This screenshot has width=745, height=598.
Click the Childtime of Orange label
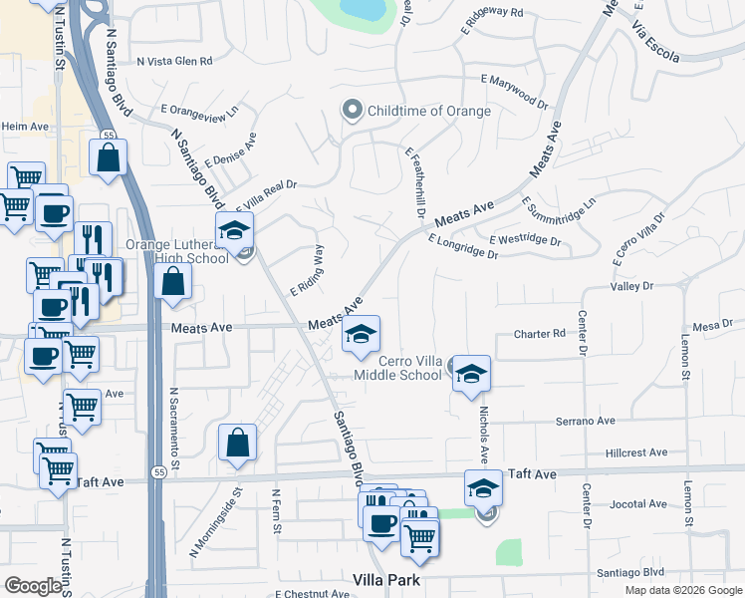tap(429, 111)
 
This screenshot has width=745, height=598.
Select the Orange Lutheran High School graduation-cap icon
tap(234, 230)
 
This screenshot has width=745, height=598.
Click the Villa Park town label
tap(388, 580)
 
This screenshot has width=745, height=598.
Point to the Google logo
tap(34, 585)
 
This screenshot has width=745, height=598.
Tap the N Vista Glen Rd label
tap(175, 61)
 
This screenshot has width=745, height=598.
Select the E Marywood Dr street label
tap(514, 91)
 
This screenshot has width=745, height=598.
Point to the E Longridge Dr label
tap(463, 246)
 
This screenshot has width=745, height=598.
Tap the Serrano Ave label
tap(587, 421)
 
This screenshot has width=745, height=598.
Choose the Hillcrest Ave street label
tap(635, 452)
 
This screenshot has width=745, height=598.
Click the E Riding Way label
tap(308, 270)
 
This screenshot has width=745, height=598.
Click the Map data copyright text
tap(681, 590)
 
